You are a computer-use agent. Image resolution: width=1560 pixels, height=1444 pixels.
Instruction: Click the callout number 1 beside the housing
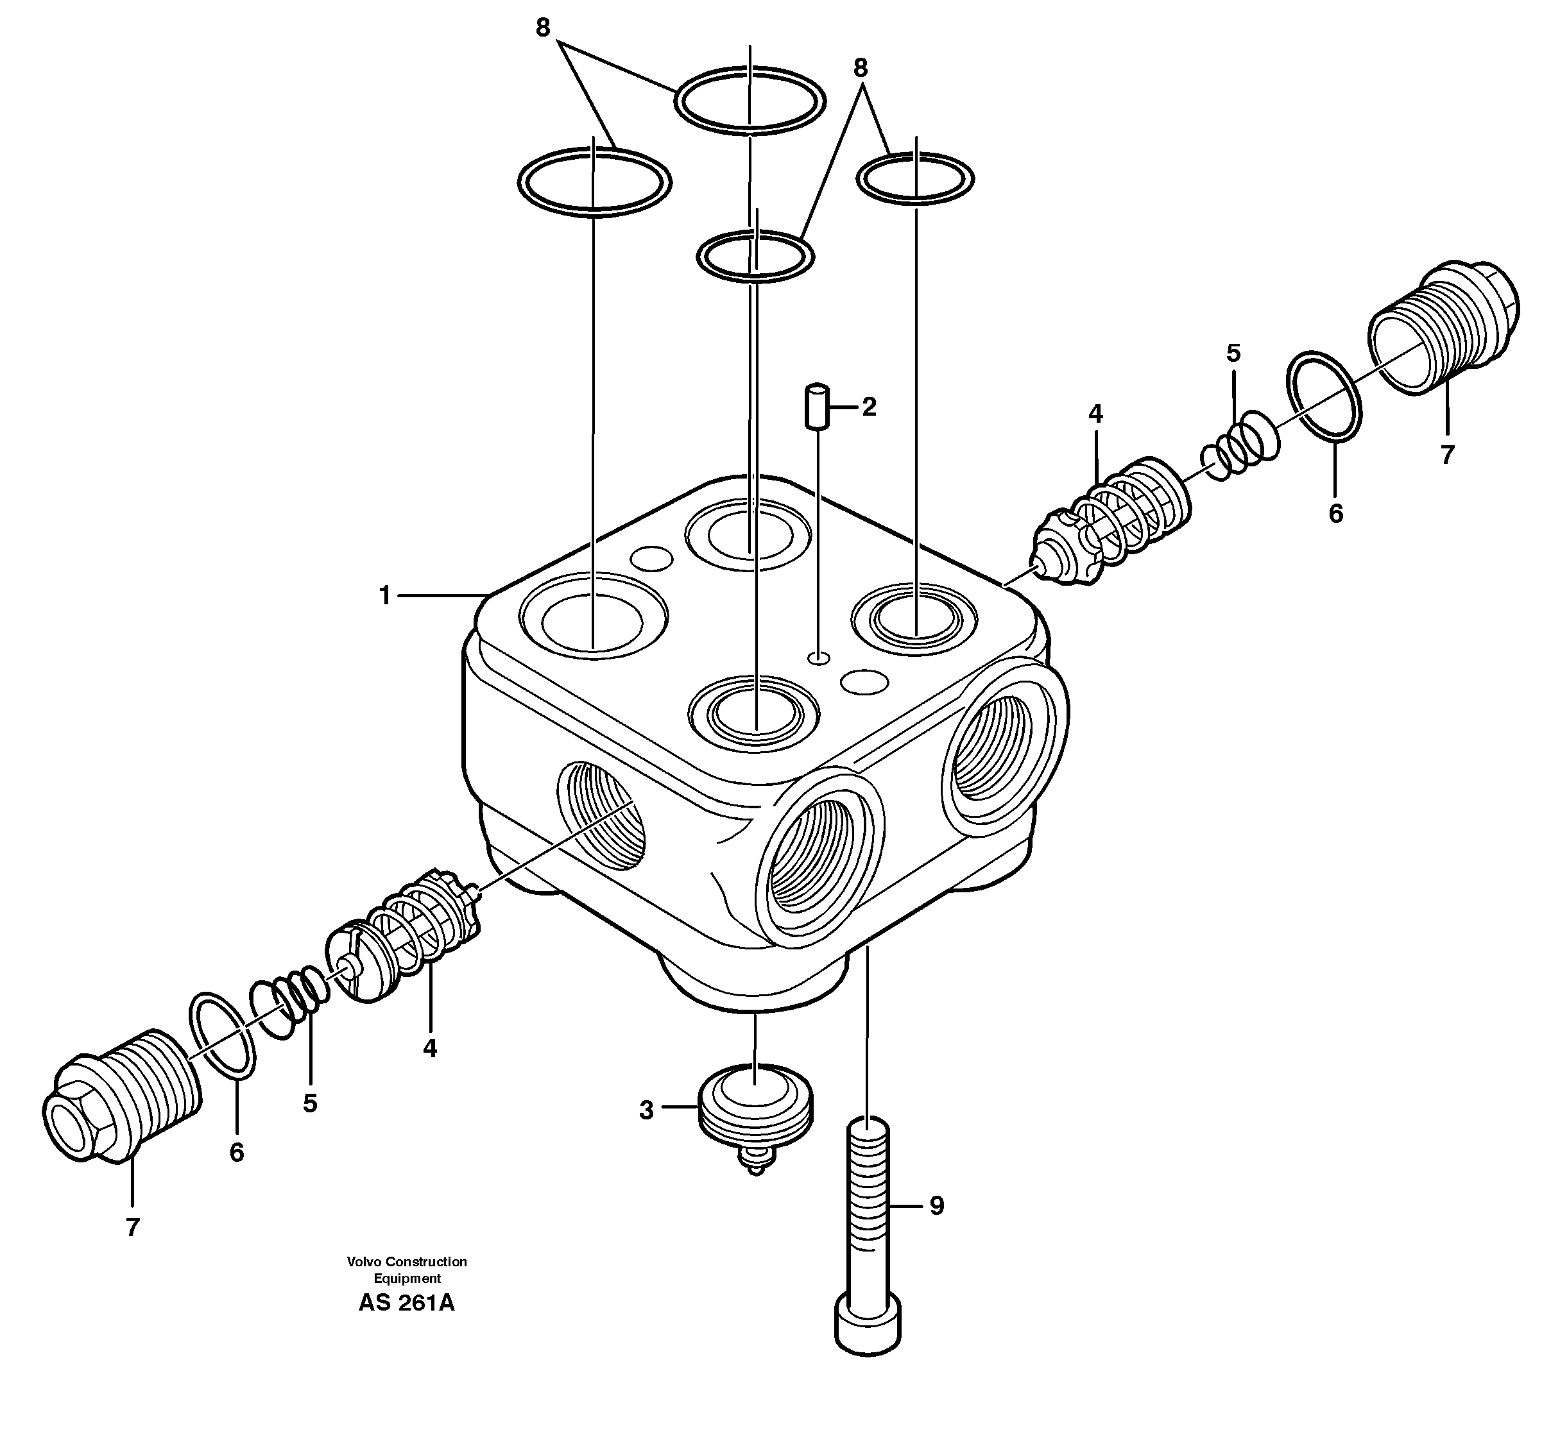point(384,596)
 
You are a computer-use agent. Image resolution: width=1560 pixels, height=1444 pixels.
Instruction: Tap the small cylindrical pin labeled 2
point(817,405)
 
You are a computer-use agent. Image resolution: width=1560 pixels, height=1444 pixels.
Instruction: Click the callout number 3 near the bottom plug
point(646,1110)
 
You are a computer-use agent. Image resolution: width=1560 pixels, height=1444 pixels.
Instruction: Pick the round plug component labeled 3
point(756,1110)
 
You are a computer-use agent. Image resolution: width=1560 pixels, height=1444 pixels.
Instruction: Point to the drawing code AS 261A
point(406,1304)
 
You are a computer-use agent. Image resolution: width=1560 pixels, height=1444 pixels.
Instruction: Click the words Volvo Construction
point(406,1261)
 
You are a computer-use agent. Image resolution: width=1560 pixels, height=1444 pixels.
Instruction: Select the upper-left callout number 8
point(543,28)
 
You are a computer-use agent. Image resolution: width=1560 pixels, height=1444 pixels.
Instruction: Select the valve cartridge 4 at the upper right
point(1110,523)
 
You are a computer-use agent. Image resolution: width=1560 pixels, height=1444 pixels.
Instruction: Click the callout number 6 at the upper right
point(1335,513)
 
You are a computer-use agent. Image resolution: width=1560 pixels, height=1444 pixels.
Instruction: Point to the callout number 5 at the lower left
point(311,1103)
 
